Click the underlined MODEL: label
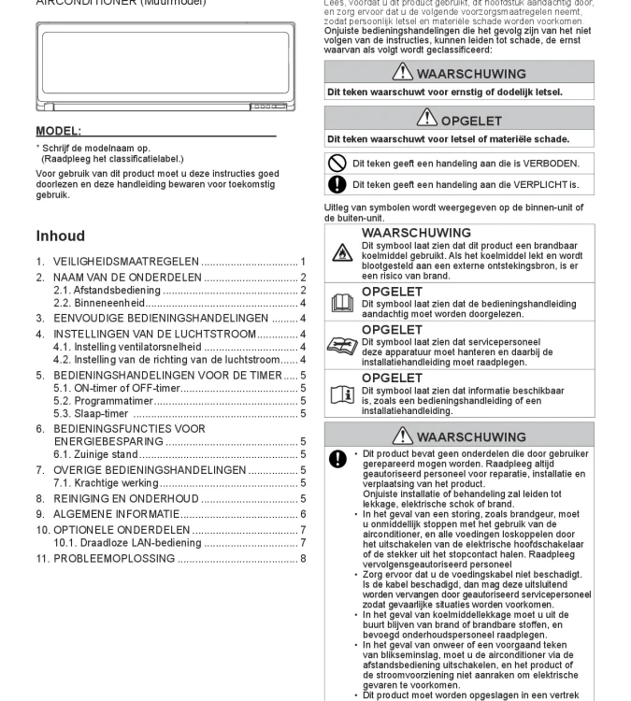(x=58, y=131)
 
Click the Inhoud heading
(x=60, y=236)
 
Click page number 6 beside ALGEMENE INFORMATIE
(x=303, y=514)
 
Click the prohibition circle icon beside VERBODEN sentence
(x=337, y=164)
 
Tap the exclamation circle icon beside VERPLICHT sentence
(x=337, y=185)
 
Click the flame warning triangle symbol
(x=342, y=252)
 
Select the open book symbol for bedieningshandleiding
(x=342, y=302)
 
